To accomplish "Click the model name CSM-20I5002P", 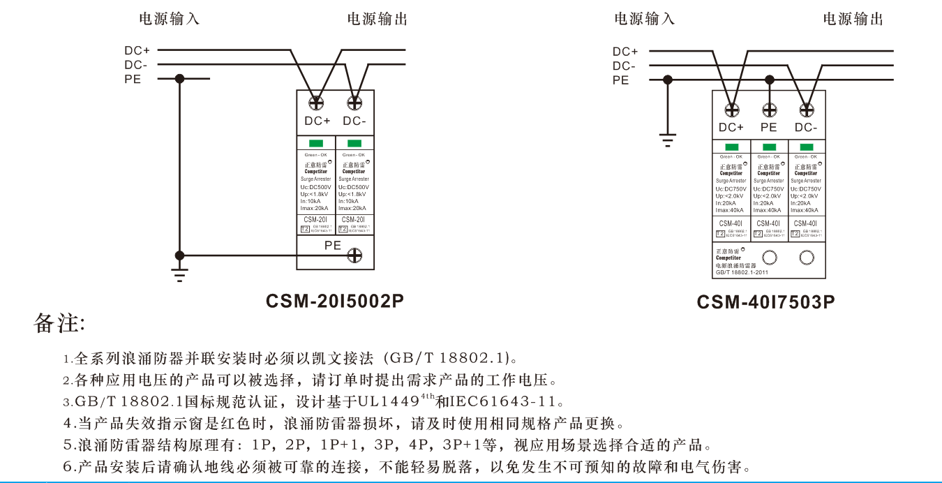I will [335, 301].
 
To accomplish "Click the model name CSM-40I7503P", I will [765, 302].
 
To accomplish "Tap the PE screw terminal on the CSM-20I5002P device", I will [354, 256].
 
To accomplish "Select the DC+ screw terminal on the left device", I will [316, 103].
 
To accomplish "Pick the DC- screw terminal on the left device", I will [354, 103].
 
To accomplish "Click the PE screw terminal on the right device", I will [769, 110].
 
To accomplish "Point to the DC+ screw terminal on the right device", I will [731, 110].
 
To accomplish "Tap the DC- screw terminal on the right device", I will [807, 110].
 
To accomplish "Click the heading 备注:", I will [59, 324].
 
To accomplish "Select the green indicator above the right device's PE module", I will [769, 147].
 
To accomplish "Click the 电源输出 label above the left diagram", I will [377, 19].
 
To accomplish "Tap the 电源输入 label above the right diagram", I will [644, 19].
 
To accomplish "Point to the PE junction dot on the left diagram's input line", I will [180, 79].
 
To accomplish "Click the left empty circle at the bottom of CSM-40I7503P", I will [769, 258].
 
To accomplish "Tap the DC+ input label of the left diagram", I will [137, 50].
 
